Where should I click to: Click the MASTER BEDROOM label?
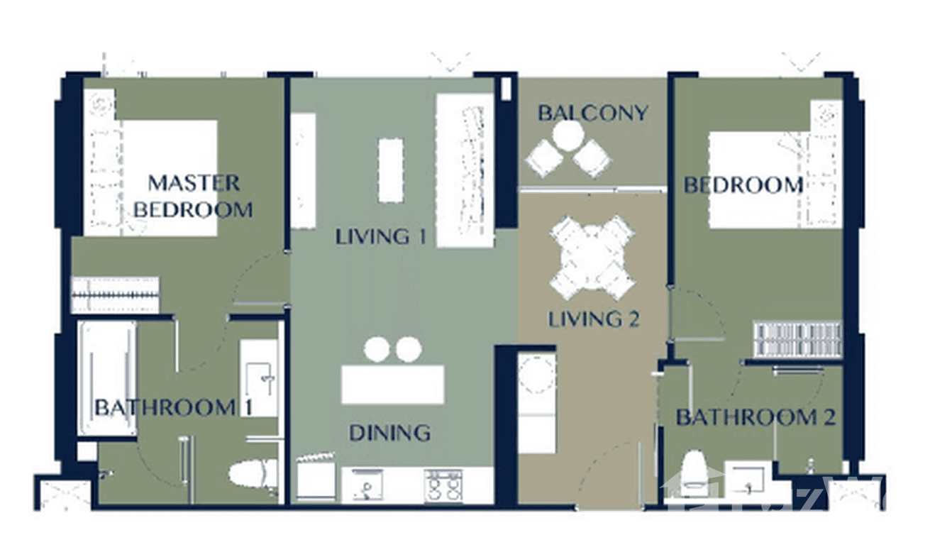pos(193,196)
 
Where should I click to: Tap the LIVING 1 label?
pos(381,236)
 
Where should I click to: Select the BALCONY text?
pos(592,114)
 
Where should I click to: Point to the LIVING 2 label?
pos(594,319)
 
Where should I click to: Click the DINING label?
pos(389,432)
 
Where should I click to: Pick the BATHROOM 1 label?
pos(164,408)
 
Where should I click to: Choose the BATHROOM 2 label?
pos(755,417)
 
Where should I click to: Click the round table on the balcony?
pos(568,136)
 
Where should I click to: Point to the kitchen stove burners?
pos(443,486)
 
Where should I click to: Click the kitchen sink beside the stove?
pos(367,487)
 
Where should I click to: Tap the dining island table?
pos(392,385)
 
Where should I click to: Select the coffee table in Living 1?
pos(390,170)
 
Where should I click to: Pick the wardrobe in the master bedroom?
pos(115,294)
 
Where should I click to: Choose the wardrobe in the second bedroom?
pos(797,338)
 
